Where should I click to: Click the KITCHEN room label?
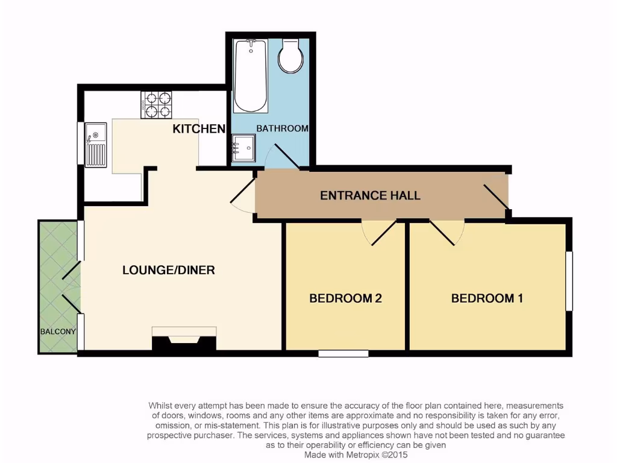pyautogui.click(x=199, y=128)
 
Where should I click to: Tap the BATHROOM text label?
pyautogui.click(x=282, y=128)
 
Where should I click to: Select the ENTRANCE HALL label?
pyautogui.click(x=370, y=195)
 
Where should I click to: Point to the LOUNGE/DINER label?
pyautogui.click(x=169, y=270)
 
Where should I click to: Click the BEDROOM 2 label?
pyautogui.click(x=346, y=298)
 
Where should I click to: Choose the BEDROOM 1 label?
pyautogui.click(x=487, y=298)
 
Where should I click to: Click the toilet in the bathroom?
pyautogui.click(x=290, y=56)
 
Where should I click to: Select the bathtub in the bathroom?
pyautogui.click(x=251, y=75)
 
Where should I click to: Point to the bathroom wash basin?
pyautogui.click(x=244, y=148)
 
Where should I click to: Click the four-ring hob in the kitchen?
pyautogui.click(x=157, y=104)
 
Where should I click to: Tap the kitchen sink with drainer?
pyautogui.click(x=96, y=145)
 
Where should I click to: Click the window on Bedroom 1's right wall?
pyautogui.click(x=569, y=281)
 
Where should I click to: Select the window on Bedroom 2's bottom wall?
pyautogui.click(x=343, y=354)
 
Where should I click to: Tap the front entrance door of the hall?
pyautogui.click(x=496, y=198)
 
